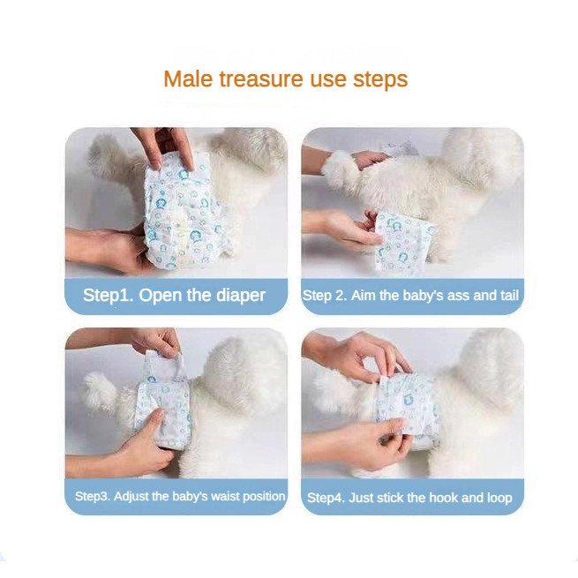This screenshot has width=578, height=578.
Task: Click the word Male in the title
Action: point(188,79)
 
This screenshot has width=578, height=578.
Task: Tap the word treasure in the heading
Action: point(261,79)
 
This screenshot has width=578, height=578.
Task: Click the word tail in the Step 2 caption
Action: point(509,296)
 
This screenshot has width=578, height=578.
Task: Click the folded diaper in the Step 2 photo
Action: point(403,242)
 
